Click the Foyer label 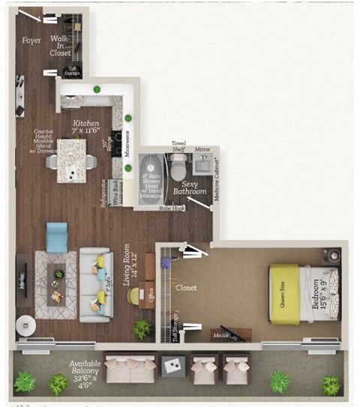pos(31,40)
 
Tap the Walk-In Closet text pos(60,46)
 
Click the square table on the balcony pos(174,367)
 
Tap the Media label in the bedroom pos(222,335)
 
